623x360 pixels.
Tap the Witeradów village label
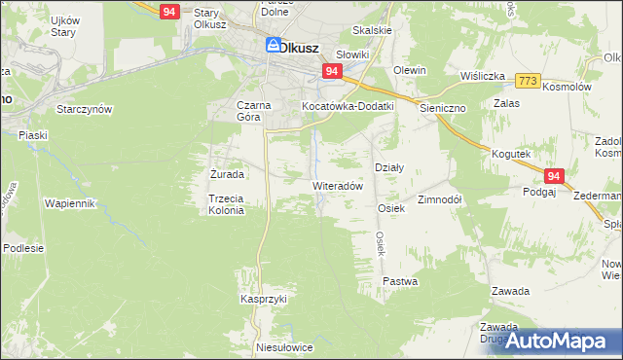(338, 185)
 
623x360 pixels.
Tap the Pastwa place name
(400, 282)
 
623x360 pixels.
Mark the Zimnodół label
(439, 198)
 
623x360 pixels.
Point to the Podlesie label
(23, 248)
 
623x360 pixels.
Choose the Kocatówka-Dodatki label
(348, 105)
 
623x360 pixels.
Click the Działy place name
(389, 166)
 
